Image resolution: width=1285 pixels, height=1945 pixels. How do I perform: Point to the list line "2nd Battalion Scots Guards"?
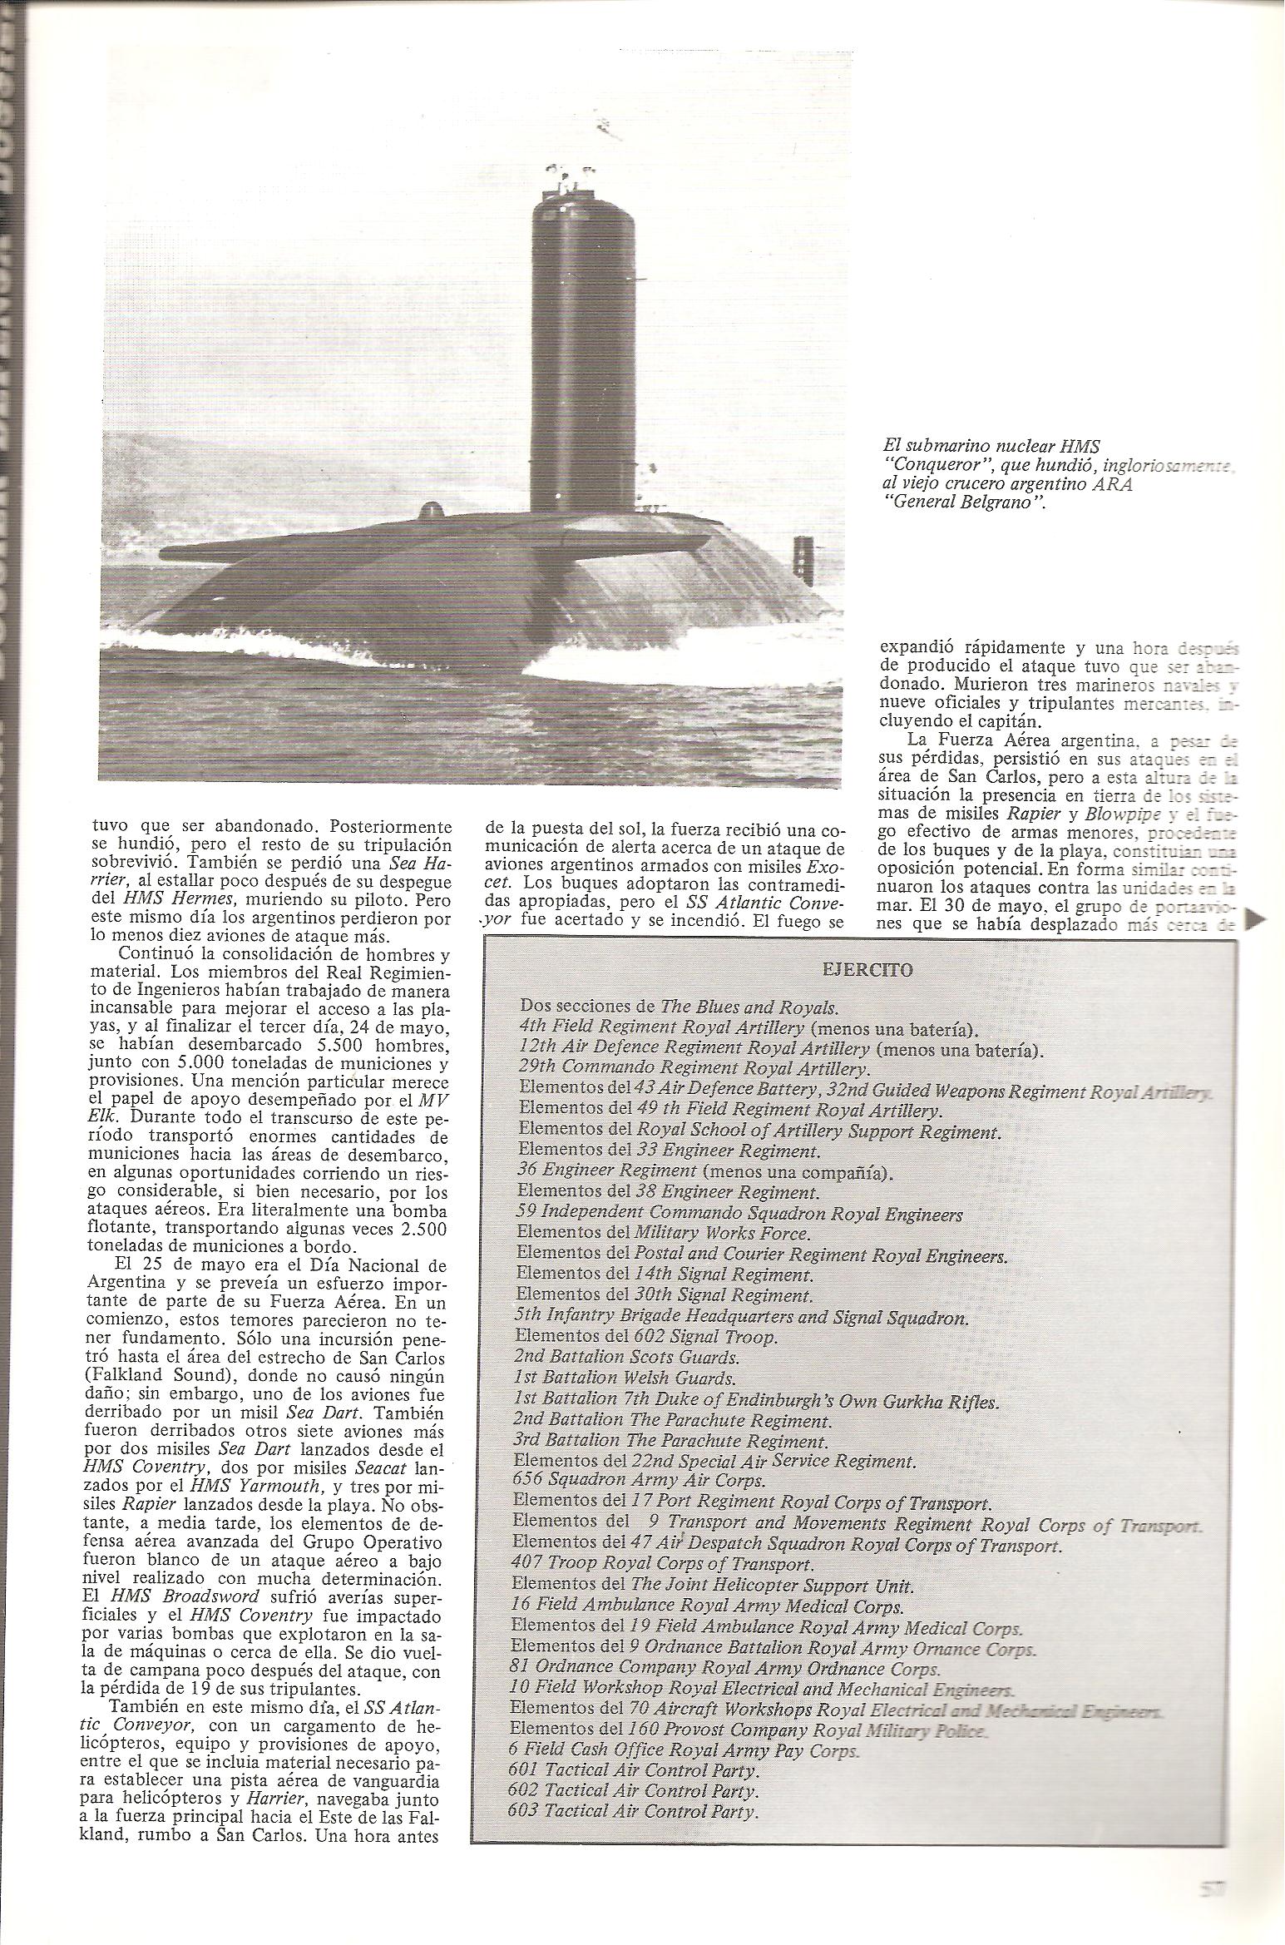pyautogui.click(x=626, y=1358)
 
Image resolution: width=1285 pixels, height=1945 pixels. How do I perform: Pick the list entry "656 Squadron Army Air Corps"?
pyautogui.click(x=639, y=1481)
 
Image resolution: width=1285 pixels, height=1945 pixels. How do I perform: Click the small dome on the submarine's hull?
pyautogui.click(x=431, y=511)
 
